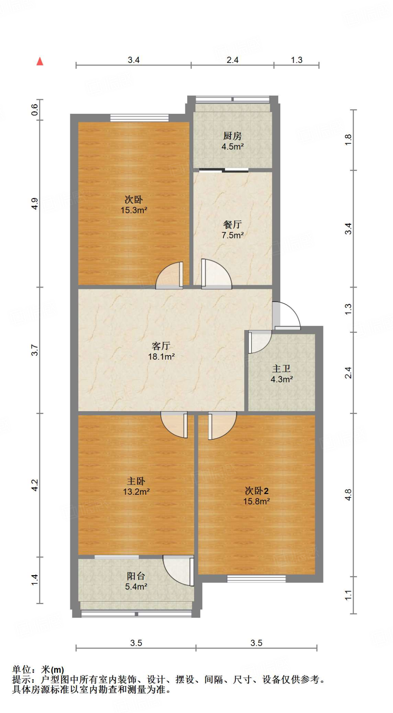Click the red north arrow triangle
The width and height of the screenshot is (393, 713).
click(x=40, y=62)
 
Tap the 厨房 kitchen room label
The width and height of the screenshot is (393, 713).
click(x=232, y=136)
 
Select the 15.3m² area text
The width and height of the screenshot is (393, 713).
click(x=134, y=210)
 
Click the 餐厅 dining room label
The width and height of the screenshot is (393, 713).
click(x=232, y=225)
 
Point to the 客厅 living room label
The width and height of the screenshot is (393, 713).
click(x=161, y=346)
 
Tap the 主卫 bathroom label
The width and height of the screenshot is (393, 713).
click(x=281, y=368)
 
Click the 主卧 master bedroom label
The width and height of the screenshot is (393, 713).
click(x=136, y=481)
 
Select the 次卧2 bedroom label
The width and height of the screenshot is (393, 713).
click(x=256, y=491)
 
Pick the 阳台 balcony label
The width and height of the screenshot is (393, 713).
click(x=136, y=576)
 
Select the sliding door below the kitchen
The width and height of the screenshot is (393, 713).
click(x=224, y=170)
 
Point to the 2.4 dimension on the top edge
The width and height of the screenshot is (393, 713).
click(x=232, y=60)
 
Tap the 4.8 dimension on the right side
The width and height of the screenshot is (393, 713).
click(x=348, y=495)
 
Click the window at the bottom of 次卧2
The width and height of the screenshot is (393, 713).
click(x=256, y=579)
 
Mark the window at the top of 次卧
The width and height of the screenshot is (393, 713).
click(x=139, y=118)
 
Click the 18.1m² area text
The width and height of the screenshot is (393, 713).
click(x=161, y=356)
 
